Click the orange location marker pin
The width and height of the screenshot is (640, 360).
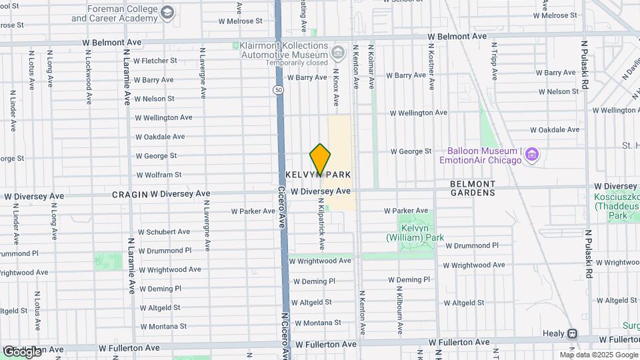point(320,160)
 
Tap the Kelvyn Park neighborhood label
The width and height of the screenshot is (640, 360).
point(318,175)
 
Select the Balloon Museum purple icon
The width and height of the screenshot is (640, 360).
point(532,155)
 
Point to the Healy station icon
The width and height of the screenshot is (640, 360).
point(572,333)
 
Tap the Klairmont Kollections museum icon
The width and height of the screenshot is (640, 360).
point(339,51)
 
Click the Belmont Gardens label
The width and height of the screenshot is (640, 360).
point(473,188)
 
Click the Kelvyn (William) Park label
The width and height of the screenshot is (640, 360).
point(414,233)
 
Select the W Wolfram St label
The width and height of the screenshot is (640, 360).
point(159,175)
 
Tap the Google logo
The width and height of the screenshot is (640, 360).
point(21,351)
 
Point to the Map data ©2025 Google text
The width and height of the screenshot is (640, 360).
point(598,355)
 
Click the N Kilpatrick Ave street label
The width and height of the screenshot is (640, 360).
point(322,227)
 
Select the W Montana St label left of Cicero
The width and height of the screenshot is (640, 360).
point(163,327)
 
